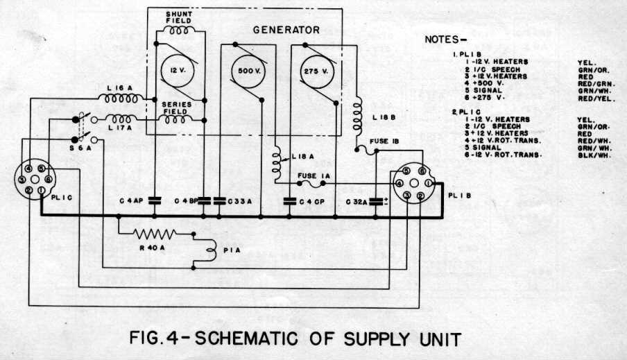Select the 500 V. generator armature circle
(x=248, y=71)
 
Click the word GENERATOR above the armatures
(x=286, y=31)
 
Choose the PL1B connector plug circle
(x=412, y=185)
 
